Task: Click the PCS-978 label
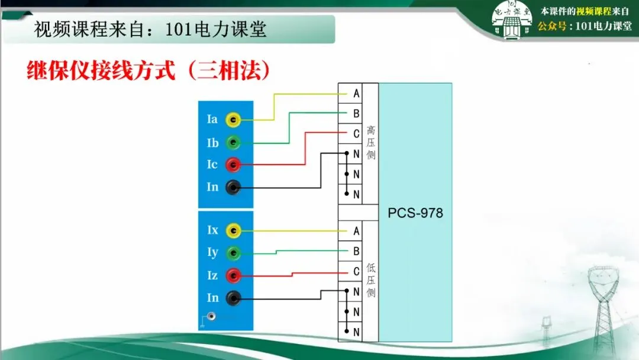click(415, 213)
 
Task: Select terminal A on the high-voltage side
click(356, 94)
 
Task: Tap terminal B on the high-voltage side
click(356, 113)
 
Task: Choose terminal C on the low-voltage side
click(356, 271)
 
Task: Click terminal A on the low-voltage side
click(356, 231)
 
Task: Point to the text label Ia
click(212, 120)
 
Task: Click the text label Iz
click(212, 275)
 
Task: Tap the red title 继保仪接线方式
click(101, 72)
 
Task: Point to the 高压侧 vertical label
click(371, 142)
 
